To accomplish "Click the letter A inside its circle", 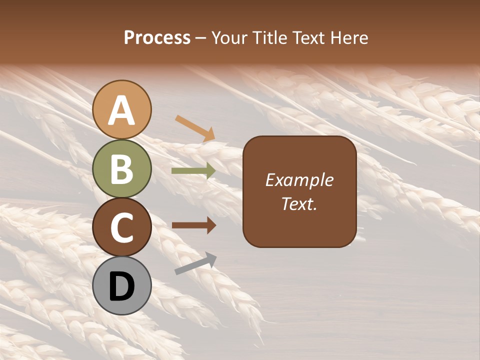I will [122, 110].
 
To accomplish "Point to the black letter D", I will [122, 286].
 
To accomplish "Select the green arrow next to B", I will [193, 170].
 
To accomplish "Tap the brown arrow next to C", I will [194, 225].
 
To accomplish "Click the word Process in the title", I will [157, 37].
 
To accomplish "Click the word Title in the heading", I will [269, 37].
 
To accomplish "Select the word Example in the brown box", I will [299, 180].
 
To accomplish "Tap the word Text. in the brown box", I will [299, 203].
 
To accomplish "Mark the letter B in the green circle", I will [122, 169].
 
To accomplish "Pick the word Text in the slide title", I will [308, 37].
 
